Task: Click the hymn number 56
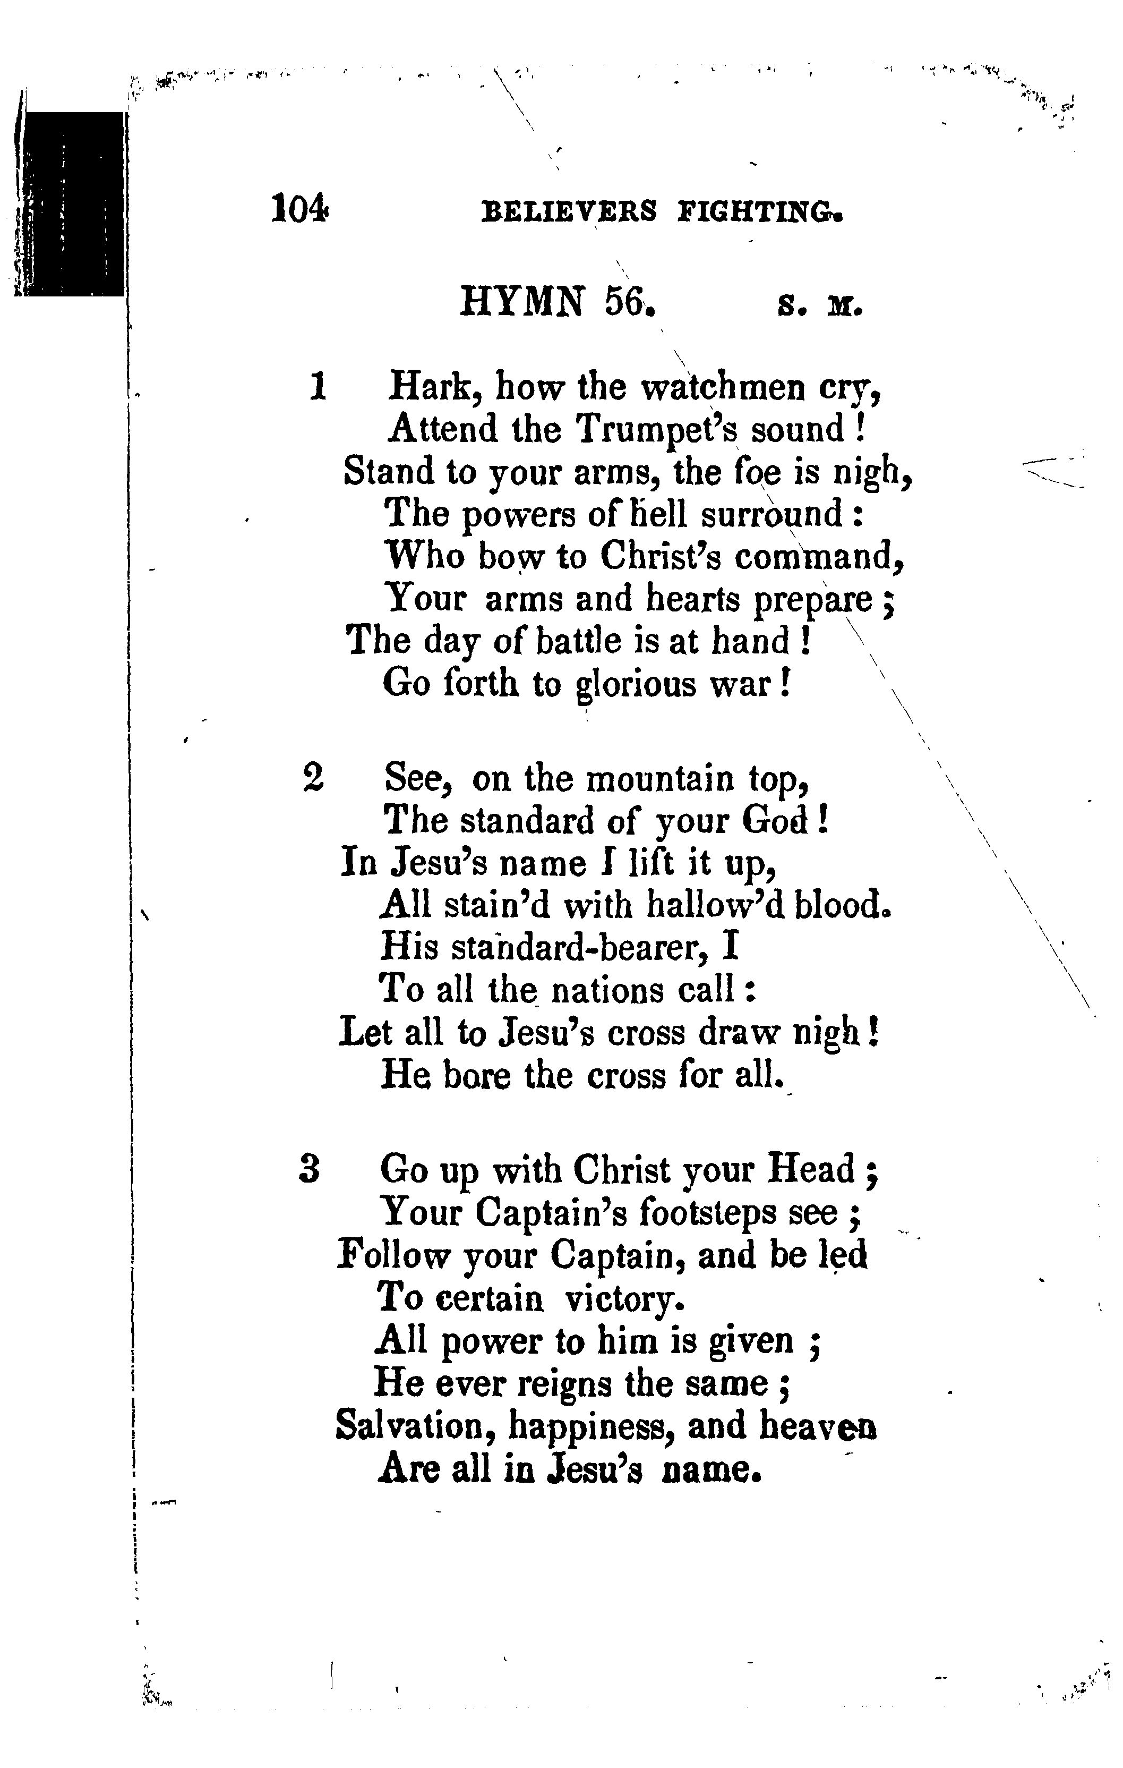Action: tap(628, 301)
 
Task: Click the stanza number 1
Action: tap(318, 386)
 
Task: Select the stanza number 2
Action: tap(313, 778)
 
